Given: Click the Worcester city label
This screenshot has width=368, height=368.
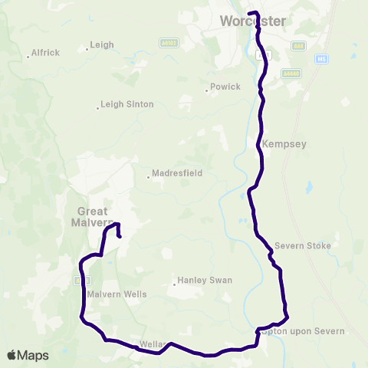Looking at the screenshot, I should tap(252, 21).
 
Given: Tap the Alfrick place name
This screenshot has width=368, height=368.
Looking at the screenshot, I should tap(45, 53).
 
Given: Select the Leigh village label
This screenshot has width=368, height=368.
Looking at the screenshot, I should tap(102, 45).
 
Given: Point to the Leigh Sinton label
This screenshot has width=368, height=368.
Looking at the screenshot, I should tap(127, 104).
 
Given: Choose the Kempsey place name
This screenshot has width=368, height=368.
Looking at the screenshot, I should tap(278, 143).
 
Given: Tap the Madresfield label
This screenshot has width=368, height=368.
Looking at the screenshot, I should tap(176, 173).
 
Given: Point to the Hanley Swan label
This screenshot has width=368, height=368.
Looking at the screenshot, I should tap(204, 281).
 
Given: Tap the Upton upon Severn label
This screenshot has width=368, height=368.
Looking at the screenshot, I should tap(304, 331).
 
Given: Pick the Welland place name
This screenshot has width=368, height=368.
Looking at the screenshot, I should tap(151, 344).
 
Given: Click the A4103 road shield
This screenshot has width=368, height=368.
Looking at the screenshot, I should tap(169, 42).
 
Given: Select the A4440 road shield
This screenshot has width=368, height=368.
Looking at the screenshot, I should tap(290, 74).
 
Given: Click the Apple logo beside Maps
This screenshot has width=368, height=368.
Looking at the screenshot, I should tap(13, 355).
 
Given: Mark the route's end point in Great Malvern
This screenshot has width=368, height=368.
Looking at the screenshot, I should tap(120, 237).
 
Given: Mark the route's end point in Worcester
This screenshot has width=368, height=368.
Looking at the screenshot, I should tap(251, 13).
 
